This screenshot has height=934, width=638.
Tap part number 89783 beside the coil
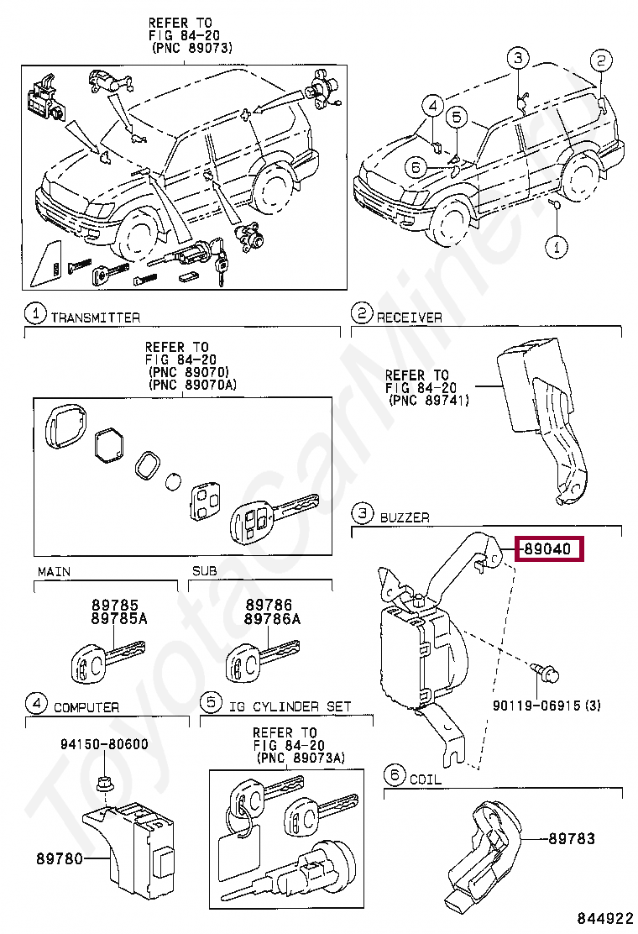pyautogui.click(x=572, y=838)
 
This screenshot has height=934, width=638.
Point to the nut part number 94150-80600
pyautogui.click(x=104, y=743)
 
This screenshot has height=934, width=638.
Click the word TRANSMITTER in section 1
pyautogui.click(x=95, y=317)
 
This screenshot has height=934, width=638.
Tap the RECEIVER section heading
pyautogui.click(x=409, y=317)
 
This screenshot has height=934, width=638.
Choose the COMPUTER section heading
pyautogui.click(x=86, y=707)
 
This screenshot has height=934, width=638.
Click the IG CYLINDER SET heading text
pyautogui.click(x=290, y=707)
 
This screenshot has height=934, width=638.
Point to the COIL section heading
pyautogui.click(x=425, y=779)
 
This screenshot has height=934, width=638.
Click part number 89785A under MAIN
pyautogui.click(x=108, y=618)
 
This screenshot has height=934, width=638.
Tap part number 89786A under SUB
pyautogui.click(x=272, y=618)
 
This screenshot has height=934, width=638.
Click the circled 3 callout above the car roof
pyautogui.click(x=518, y=57)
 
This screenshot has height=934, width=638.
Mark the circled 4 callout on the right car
pyautogui.click(x=431, y=106)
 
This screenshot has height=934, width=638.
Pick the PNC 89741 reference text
pyautogui.click(x=429, y=401)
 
